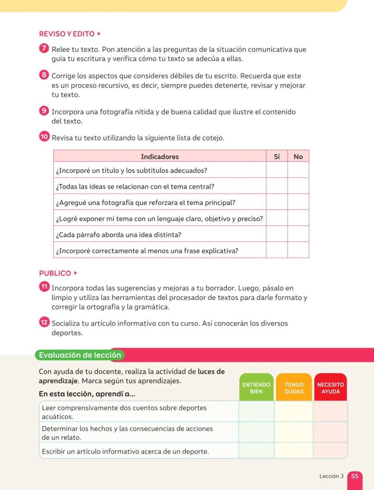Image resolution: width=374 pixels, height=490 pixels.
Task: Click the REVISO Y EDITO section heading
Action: (67, 34)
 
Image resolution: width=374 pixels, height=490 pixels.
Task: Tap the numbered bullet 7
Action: (44, 49)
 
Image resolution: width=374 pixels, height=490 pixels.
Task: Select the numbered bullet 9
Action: (44, 111)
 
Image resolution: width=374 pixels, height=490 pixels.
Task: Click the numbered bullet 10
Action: (44, 137)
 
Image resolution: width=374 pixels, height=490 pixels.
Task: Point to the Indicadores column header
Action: (160, 156)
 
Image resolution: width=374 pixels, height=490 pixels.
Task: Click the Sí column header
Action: (277, 156)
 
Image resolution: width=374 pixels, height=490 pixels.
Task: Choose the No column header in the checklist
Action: (298, 156)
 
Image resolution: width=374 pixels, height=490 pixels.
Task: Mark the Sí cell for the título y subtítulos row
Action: (277, 170)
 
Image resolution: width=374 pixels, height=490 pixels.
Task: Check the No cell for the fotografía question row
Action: (298, 203)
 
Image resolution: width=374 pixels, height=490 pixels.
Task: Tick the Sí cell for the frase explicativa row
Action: (277, 250)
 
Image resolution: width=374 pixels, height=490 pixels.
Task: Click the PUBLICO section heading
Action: (55, 273)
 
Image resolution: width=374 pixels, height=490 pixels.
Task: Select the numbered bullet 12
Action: (44, 323)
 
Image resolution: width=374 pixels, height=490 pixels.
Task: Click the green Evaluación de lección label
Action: (80, 355)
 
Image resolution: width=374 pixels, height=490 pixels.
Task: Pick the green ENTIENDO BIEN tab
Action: (256, 388)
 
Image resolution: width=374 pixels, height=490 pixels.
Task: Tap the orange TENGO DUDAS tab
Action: (294, 388)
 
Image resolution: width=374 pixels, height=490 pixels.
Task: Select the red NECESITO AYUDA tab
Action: (330, 388)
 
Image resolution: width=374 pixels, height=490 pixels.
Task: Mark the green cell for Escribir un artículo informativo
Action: (256, 451)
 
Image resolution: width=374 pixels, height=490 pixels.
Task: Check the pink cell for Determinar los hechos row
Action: (330, 432)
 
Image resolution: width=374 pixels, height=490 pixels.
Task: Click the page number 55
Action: (355, 476)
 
